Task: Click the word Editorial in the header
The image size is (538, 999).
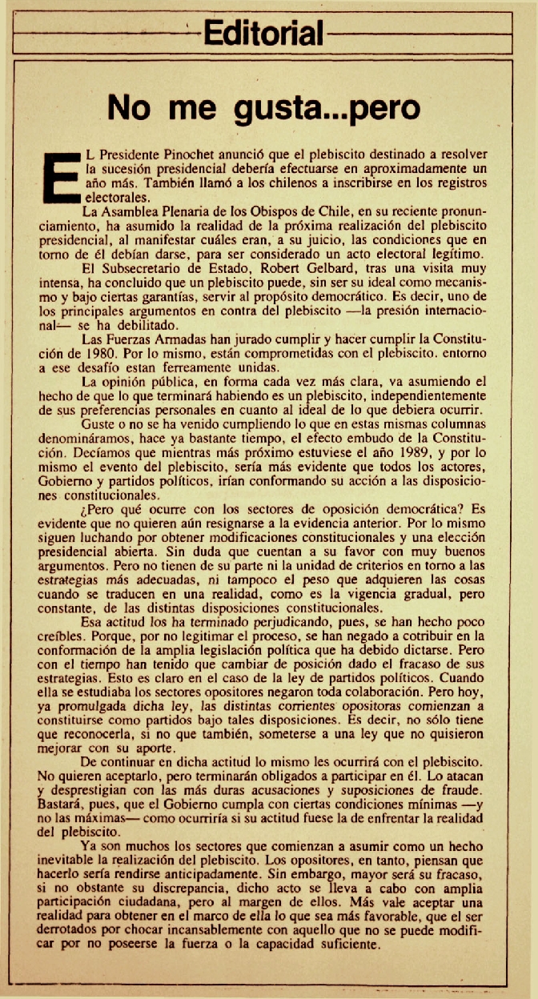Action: (x=263, y=33)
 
